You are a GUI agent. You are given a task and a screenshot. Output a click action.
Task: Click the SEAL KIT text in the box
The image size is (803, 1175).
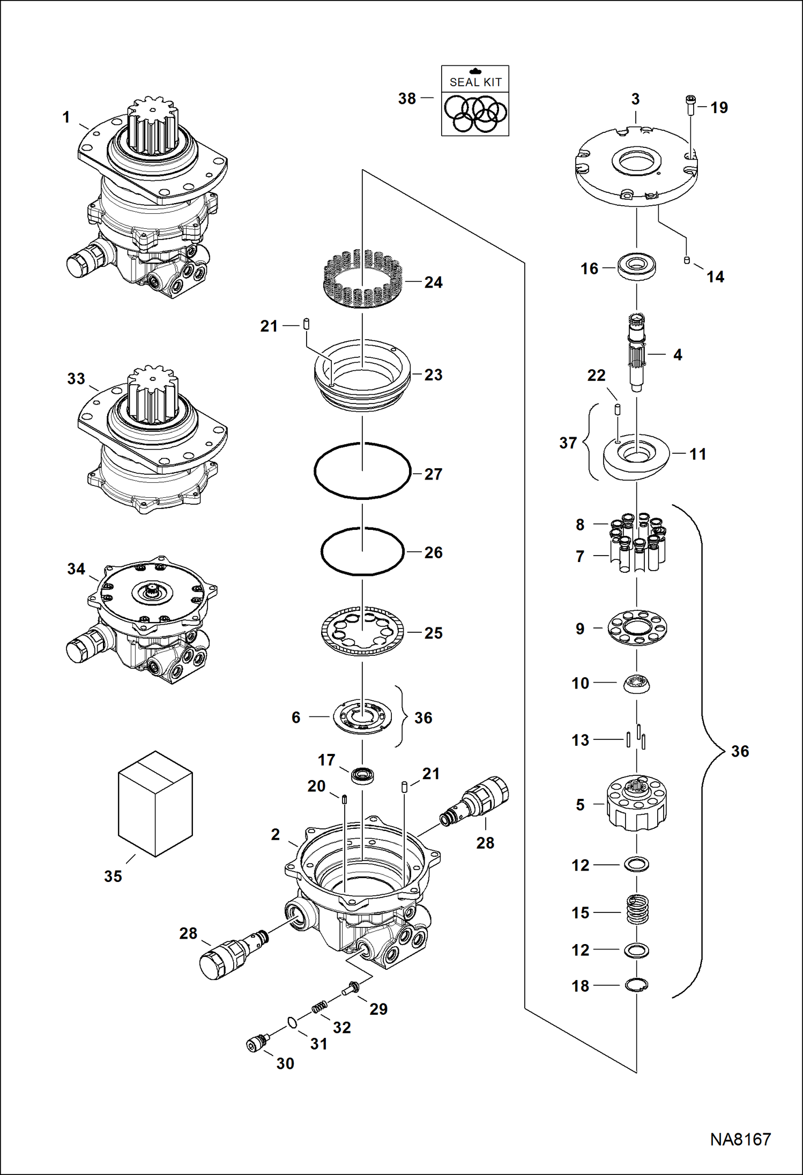click(475, 82)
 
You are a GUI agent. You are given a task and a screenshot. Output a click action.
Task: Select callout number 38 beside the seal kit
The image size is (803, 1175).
click(407, 99)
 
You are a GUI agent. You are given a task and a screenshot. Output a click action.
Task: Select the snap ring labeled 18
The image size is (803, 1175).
click(636, 984)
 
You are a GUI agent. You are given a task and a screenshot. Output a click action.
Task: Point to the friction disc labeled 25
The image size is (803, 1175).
click(362, 632)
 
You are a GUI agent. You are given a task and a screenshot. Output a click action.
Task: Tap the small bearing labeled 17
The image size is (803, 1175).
click(362, 775)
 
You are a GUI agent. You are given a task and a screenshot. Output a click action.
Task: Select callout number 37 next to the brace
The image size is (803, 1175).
click(568, 443)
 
